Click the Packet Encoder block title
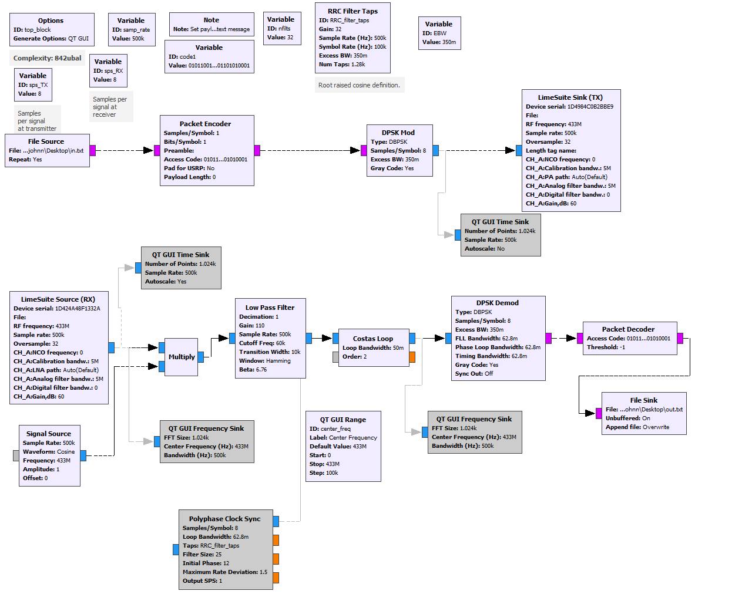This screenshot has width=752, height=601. (x=205, y=124)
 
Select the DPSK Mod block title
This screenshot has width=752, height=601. (x=399, y=133)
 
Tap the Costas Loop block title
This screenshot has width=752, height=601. (x=372, y=339)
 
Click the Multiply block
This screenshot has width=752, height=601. (x=181, y=357)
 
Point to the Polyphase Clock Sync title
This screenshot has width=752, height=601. (x=224, y=519)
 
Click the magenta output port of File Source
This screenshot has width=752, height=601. (x=93, y=150)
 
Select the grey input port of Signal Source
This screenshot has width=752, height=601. (x=16, y=455)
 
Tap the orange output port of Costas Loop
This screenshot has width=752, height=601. (x=412, y=356)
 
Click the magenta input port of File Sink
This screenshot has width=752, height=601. (x=599, y=413)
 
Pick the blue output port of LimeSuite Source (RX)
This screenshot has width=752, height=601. (x=111, y=347)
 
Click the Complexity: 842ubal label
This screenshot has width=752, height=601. (x=48, y=58)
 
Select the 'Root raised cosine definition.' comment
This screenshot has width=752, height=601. (x=359, y=85)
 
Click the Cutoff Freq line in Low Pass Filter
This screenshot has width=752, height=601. (x=262, y=343)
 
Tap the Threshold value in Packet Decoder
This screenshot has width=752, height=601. (x=606, y=347)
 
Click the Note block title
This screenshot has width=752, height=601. (x=211, y=20)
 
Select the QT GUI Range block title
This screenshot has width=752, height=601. (x=343, y=420)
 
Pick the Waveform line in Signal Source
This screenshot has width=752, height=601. (x=49, y=452)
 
